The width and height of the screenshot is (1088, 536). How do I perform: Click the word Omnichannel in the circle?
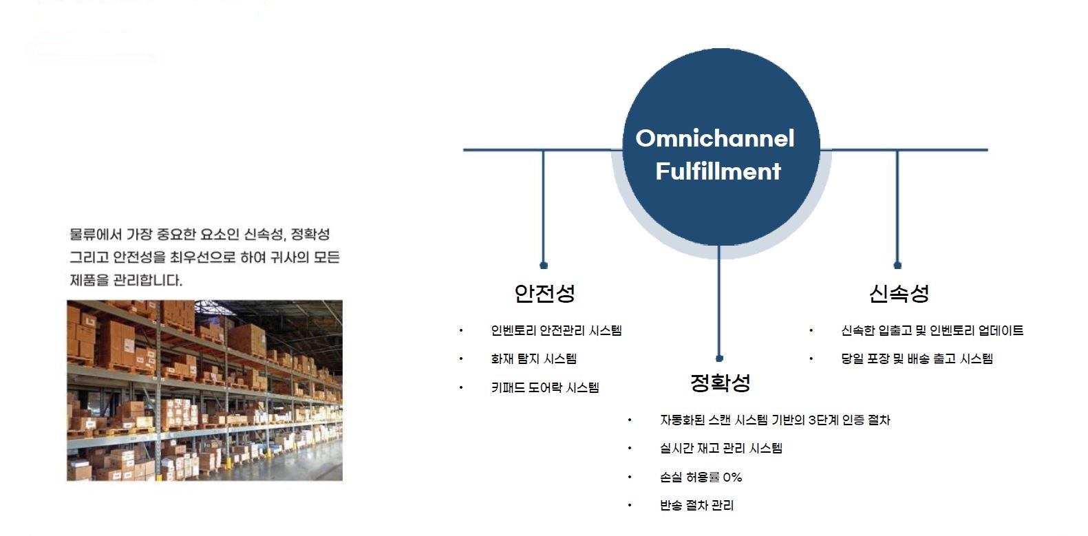click(x=715, y=138)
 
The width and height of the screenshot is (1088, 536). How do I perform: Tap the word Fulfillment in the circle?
click(x=718, y=171)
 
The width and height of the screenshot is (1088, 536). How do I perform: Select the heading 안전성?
click(x=544, y=293)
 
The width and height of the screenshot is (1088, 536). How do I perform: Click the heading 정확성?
click(x=721, y=383)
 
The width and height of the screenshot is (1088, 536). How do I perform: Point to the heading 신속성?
click(x=899, y=293)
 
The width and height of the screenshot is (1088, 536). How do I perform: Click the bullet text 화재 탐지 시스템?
click(x=534, y=358)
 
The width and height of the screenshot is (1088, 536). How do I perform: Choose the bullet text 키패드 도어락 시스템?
click(x=545, y=387)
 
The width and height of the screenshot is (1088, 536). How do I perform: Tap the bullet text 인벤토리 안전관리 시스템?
click(x=557, y=331)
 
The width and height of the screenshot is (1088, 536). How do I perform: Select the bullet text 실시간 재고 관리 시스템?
click(x=721, y=448)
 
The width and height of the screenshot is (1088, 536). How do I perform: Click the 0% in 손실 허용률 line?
click(x=732, y=478)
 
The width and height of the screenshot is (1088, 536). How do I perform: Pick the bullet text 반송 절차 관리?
click(x=696, y=506)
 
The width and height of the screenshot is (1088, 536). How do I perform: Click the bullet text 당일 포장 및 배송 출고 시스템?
click(x=917, y=358)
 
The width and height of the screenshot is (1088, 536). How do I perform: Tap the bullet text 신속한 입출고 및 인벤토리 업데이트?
click(x=932, y=331)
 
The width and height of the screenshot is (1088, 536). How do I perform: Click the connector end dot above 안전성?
click(x=544, y=265)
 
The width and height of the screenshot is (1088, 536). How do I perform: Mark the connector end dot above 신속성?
click(x=897, y=265)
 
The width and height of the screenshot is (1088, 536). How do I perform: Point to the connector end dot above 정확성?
click(x=720, y=358)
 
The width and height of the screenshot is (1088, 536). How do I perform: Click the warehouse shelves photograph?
click(x=204, y=390)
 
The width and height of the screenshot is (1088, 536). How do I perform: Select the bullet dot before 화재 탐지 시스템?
click(x=461, y=358)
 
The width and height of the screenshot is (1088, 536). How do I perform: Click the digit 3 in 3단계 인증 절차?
click(x=811, y=420)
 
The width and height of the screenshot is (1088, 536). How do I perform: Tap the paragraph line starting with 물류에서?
click(x=200, y=235)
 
